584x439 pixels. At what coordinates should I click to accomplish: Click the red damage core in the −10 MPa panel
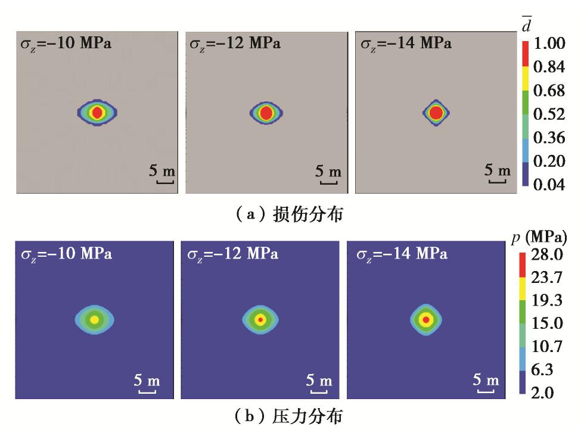click(97, 112)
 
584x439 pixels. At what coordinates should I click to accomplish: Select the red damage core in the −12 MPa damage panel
click(266, 112)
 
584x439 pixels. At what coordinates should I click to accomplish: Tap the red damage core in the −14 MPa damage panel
click(437, 112)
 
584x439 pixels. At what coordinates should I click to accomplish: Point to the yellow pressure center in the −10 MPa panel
click(94, 320)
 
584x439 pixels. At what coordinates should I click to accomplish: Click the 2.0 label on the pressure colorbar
click(543, 393)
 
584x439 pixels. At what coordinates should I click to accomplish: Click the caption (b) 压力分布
click(285, 417)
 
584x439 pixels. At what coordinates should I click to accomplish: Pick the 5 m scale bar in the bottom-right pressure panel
click(485, 384)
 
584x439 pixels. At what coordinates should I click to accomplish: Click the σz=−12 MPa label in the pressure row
click(232, 254)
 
